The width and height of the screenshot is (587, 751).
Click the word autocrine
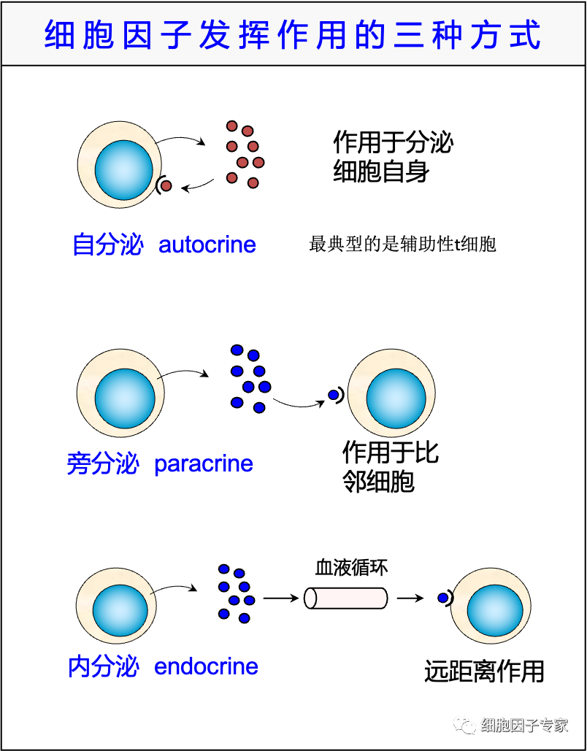point(207,245)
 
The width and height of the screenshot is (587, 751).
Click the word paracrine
point(204,464)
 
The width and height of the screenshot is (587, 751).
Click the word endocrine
point(206,666)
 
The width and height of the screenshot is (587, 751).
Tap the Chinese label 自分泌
point(107,245)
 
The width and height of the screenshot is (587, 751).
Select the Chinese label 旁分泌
point(102,464)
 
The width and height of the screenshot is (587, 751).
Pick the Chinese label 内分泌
point(103,666)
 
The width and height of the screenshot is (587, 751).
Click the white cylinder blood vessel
point(346,598)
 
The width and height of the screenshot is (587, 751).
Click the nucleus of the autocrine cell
point(123,170)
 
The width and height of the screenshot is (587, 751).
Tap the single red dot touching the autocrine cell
point(166,185)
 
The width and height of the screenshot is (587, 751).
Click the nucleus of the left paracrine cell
point(125,398)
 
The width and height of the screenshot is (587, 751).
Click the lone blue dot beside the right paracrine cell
point(334,395)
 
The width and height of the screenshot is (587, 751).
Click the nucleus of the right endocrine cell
point(495,610)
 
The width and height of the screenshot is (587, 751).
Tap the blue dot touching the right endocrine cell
point(443,598)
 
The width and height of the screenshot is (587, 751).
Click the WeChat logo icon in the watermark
point(464,724)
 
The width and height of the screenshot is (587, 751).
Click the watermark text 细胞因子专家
point(524,725)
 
